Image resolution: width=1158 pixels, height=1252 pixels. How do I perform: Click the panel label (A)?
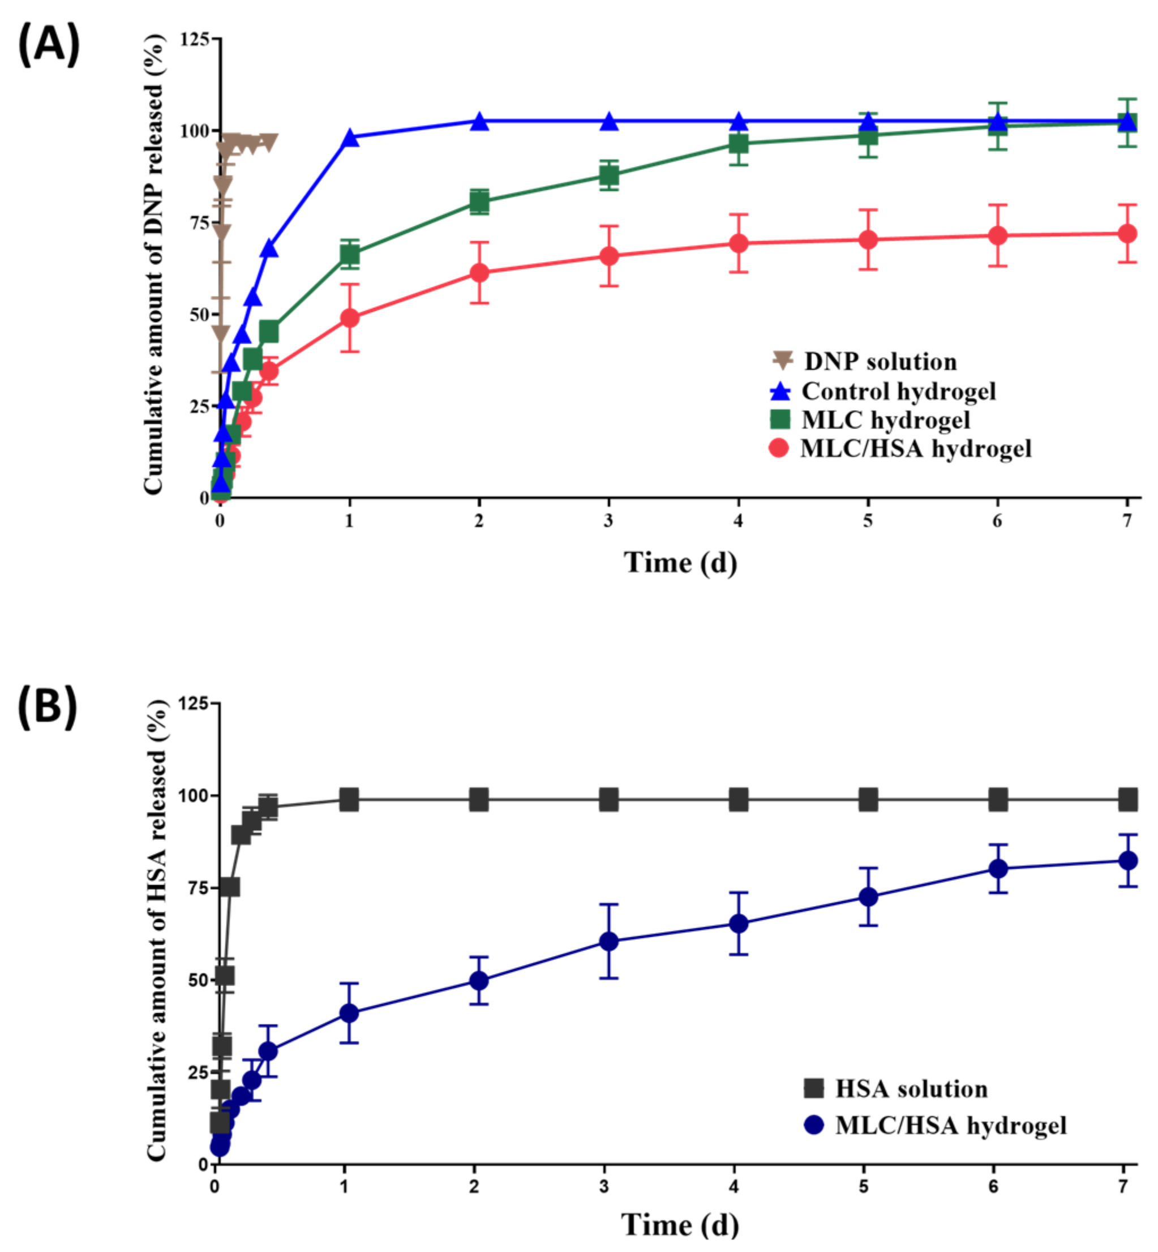click(48, 43)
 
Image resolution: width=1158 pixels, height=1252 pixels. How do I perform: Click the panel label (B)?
click(47, 706)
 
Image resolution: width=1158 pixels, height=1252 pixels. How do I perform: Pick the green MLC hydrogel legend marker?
click(780, 420)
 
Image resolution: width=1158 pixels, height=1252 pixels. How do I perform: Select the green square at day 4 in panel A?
click(739, 144)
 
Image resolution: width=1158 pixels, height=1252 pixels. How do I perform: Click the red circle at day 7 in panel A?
click(1127, 233)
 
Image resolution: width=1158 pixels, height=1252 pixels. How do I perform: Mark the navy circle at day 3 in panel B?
click(608, 941)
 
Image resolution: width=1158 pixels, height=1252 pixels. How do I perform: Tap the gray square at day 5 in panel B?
click(868, 800)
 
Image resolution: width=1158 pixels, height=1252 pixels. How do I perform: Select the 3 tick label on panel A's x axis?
click(608, 521)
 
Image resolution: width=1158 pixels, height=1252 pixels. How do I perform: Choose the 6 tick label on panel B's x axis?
click(993, 1186)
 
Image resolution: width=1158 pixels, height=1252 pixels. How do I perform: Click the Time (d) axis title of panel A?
click(680, 562)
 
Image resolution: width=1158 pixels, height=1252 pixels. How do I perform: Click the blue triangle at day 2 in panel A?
click(479, 121)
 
